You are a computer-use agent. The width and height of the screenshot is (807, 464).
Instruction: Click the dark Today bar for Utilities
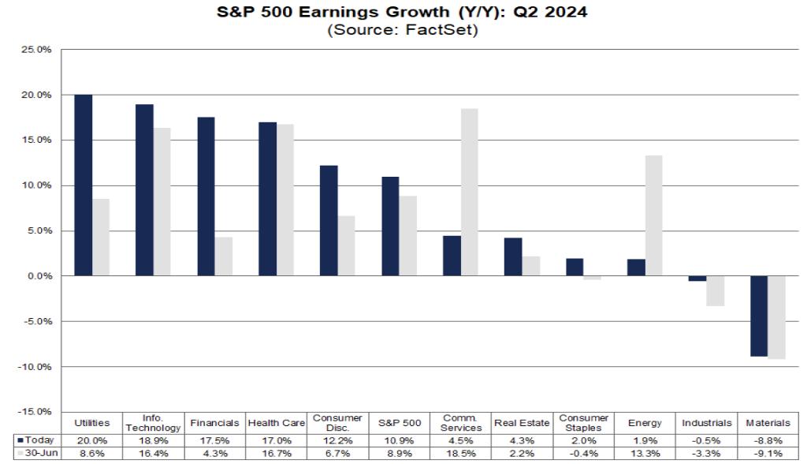83,185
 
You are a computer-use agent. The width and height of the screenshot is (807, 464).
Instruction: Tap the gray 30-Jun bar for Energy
653,215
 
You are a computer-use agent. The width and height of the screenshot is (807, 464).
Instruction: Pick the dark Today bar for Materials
758,316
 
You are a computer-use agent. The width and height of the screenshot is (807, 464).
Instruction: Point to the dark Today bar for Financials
206,196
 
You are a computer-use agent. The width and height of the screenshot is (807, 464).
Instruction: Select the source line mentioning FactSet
403,32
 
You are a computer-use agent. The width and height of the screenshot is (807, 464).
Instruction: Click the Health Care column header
276,424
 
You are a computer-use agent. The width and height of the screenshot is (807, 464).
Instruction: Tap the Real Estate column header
522,424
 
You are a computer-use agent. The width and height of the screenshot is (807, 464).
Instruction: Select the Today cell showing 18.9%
153,440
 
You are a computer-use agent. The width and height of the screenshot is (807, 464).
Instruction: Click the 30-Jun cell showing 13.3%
645,453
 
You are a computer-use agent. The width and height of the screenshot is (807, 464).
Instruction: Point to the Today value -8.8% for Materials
768,440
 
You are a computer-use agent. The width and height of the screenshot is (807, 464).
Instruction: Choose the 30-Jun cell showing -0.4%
583,453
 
